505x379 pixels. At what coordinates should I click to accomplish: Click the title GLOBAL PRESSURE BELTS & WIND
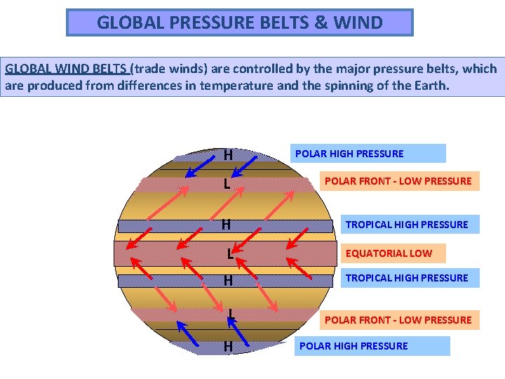click(239, 22)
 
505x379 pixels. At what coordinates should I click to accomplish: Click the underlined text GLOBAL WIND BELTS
click(67, 69)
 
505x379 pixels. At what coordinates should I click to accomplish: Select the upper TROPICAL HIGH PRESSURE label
click(406, 225)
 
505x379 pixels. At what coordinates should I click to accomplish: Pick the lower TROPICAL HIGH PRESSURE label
click(406, 278)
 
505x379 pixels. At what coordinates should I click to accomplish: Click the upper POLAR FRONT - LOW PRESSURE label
click(398, 181)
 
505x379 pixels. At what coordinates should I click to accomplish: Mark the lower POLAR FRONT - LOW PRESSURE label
click(398, 320)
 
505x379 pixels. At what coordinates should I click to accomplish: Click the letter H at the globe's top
click(228, 154)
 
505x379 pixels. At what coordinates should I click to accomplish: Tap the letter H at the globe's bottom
click(228, 346)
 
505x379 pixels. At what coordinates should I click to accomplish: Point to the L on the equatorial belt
click(230, 253)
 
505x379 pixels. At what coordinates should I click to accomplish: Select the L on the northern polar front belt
click(227, 185)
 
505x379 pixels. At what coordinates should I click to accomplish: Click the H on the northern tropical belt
click(227, 225)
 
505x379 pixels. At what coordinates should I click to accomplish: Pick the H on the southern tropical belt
click(228, 281)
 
